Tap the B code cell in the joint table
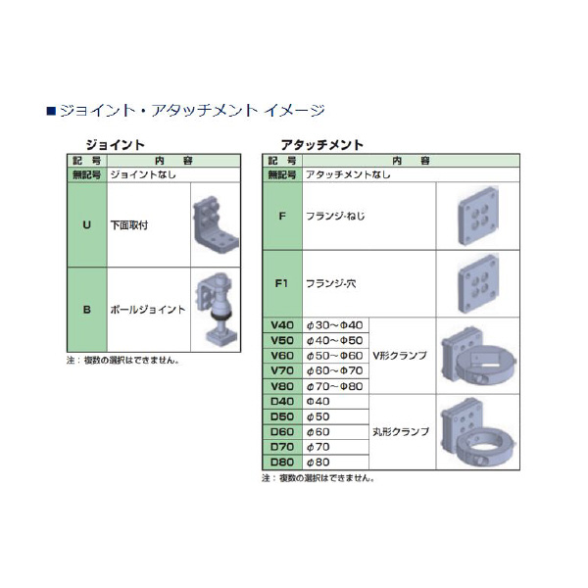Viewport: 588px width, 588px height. [86, 310]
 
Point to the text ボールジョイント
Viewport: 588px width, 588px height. [147, 310]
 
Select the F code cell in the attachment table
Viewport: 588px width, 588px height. [282, 216]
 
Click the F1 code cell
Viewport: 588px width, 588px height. [282, 284]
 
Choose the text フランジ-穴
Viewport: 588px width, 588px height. [333, 284]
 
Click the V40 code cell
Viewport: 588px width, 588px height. [282, 325]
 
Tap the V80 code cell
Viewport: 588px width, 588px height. [282, 386]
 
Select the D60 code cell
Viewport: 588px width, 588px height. [282, 431]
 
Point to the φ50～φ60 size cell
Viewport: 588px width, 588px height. [335, 356]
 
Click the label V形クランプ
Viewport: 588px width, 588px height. [400, 356]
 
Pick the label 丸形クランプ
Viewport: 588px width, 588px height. [400, 431]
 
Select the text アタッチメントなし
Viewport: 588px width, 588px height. [348, 173]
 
